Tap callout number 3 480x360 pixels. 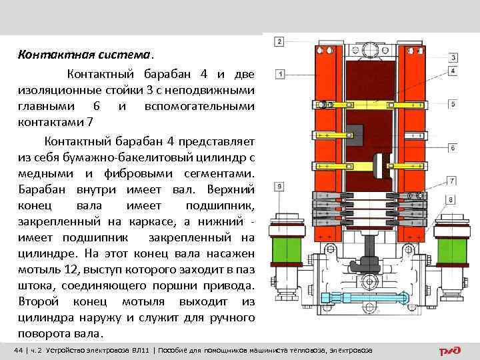[x=453, y=57]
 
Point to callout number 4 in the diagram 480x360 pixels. [x=453, y=70]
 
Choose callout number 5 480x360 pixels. [x=453, y=105]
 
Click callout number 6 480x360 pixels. [x=453, y=148]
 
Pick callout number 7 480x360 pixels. [x=453, y=180]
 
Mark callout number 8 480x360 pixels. [x=451, y=199]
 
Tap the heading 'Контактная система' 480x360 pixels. [x=84, y=53]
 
